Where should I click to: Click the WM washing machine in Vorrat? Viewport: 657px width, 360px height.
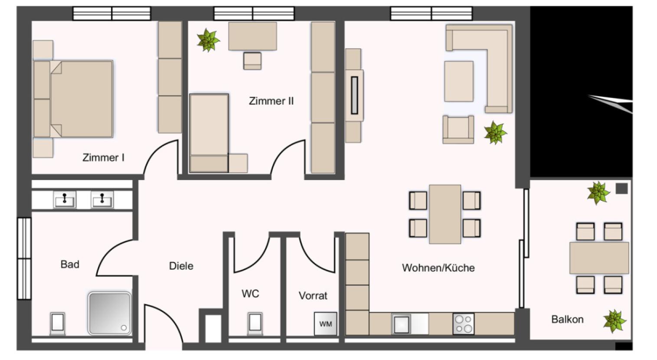[326, 324]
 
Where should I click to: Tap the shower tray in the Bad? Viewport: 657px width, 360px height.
[109, 313]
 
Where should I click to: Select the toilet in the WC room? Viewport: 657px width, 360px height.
[255, 323]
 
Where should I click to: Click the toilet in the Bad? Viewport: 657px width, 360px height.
[58, 324]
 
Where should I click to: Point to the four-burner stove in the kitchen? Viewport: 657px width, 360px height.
[464, 324]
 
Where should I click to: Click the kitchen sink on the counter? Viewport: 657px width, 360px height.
[401, 324]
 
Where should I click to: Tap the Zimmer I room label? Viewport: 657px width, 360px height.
[103, 157]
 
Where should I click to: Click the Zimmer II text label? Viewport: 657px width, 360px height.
[271, 101]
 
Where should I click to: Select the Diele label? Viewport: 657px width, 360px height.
[181, 266]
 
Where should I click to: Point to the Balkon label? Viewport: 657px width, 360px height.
[567, 319]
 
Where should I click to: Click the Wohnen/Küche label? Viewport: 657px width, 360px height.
[438, 268]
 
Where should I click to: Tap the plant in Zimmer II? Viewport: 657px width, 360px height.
[208, 40]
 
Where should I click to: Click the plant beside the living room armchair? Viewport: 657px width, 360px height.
[495, 133]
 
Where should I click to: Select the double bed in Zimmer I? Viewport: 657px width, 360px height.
[73, 99]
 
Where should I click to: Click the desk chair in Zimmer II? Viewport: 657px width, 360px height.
[252, 61]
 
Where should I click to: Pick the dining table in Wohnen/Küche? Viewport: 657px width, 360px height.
[445, 214]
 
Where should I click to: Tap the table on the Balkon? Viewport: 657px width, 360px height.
[599, 258]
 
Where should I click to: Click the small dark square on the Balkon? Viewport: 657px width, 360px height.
[621, 188]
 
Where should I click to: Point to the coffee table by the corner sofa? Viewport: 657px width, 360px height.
[459, 81]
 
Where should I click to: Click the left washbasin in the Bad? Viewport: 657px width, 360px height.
[65, 200]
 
